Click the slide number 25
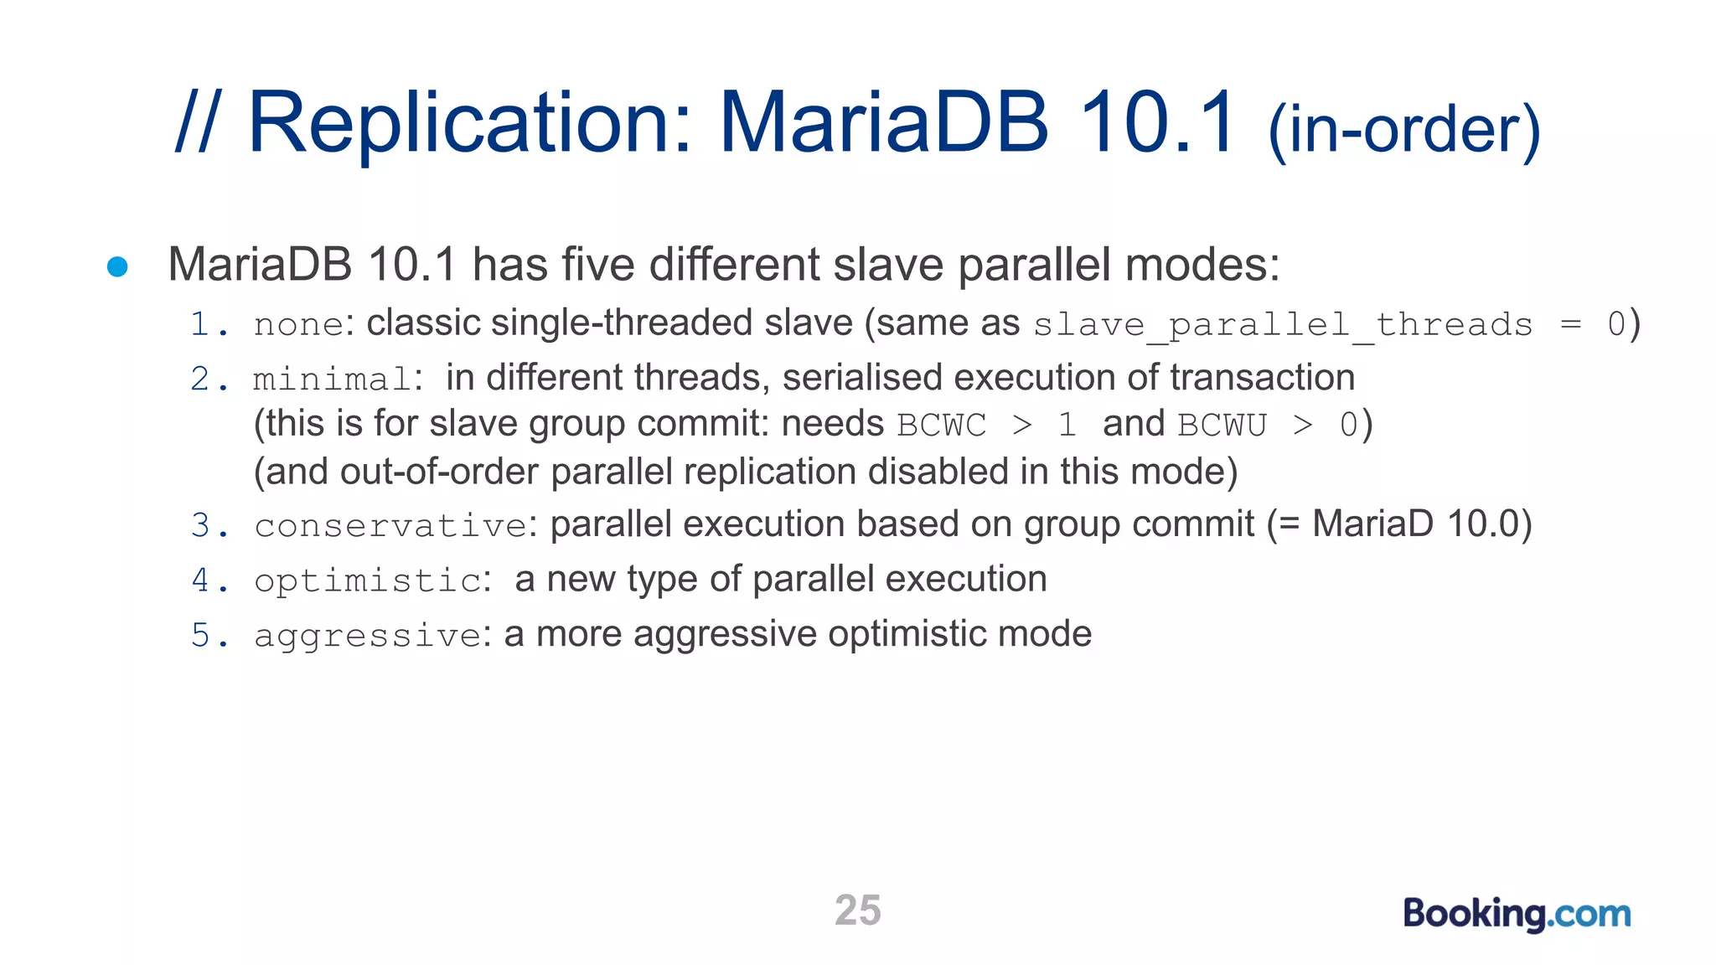click(857, 911)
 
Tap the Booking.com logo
click(1517, 913)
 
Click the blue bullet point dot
click(117, 266)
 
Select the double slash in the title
click(198, 123)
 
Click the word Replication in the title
click(470, 123)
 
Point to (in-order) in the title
click(1404, 130)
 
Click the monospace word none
click(298, 325)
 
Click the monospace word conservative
click(390, 526)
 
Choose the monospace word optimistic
click(367, 581)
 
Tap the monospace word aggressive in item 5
click(367, 636)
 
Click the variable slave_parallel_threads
click(1282, 325)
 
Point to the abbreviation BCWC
click(941, 426)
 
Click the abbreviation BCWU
click(1222, 426)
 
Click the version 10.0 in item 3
click(1482, 524)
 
